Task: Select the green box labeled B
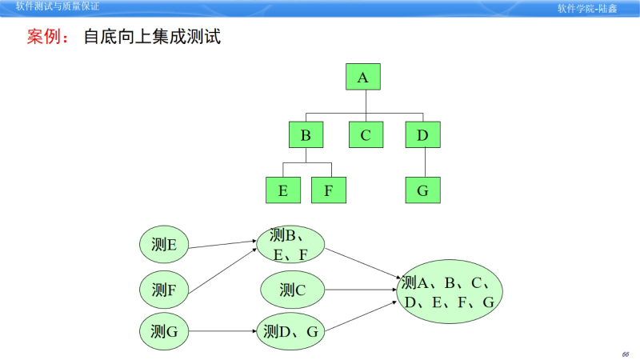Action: [306, 134]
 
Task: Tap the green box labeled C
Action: [366, 134]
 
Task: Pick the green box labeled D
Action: [422, 134]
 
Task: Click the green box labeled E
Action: [282, 190]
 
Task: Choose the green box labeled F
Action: [328, 190]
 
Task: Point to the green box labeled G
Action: [422, 190]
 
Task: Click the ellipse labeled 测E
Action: [164, 245]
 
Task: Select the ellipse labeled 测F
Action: [164, 289]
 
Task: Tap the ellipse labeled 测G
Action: [164, 331]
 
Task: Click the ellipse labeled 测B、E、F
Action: [290, 244]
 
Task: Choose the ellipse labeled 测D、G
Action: [290, 331]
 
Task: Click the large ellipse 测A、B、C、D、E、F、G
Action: [449, 291]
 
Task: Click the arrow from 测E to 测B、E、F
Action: [223, 244]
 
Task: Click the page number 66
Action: [625, 354]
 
